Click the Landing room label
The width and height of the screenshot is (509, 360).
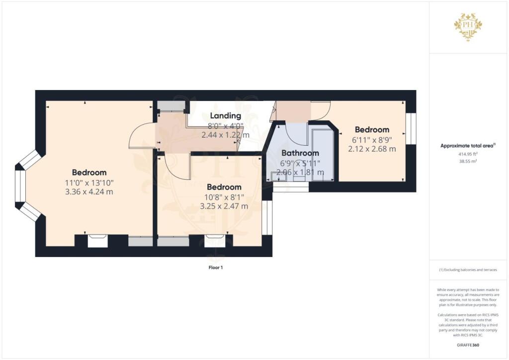[x=226, y=116]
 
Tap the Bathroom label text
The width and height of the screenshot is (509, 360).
[x=300, y=153]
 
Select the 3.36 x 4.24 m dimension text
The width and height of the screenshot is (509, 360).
[x=89, y=192]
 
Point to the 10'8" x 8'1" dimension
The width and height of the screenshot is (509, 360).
[x=224, y=197]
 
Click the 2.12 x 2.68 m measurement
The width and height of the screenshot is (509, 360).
[x=372, y=149]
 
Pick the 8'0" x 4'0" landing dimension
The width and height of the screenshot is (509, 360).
[x=226, y=126]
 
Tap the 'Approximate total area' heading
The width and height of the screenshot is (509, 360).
[x=468, y=146]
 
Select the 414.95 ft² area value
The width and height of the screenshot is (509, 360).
[x=468, y=154]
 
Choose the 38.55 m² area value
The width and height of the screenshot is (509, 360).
[x=468, y=161]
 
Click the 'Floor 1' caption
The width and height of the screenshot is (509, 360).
[x=216, y=268]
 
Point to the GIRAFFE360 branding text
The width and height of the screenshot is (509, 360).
[x=468, y=345]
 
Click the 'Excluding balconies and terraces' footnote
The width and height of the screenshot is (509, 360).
[x=468, y=270]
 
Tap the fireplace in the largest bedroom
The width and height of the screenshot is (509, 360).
[x=98, y=241]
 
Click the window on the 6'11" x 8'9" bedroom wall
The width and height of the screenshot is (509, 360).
[x=411, y=129]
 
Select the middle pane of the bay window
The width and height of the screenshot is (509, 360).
[x=20, y=186]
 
